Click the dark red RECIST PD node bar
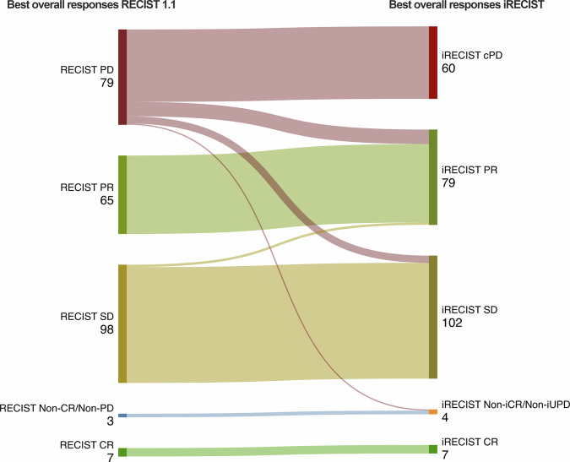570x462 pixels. (x=122, y=77)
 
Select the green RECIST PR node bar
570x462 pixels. (x=122, y=194)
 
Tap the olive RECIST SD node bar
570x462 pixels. (x=122, y=323)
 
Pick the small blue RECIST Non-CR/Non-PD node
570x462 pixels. (x=122, y=416)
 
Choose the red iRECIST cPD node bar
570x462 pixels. (x=433, y=63)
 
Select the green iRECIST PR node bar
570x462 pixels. (x=433, y=177)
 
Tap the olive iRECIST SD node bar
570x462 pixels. (x=433, y=317)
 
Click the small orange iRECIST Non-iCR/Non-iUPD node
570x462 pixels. (x=433, y=411)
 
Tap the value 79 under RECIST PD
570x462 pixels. (x=105, y=83)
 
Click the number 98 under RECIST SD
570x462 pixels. (x=105, y=329)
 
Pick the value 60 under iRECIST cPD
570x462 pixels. (x=448, y=68)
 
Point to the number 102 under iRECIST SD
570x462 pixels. (x=452, y=323)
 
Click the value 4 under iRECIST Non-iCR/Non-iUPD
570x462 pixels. (x=445, y=417)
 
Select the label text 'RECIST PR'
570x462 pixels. (x=88, y=188)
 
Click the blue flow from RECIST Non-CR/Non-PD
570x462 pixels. (x=279, y=414)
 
